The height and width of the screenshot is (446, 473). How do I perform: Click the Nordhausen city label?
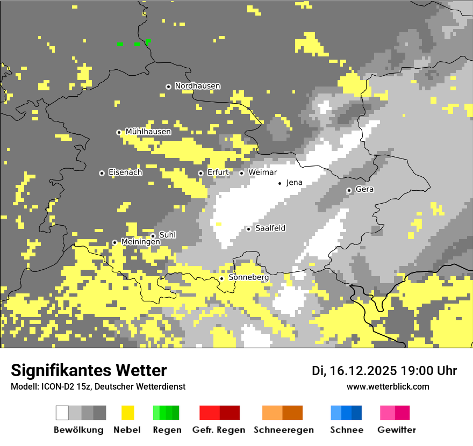pos(197,86)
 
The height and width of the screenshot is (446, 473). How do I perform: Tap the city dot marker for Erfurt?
pos(200,173)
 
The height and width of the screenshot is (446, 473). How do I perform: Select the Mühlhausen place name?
pos(148,132)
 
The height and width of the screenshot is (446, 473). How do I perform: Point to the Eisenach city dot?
pos(102,173)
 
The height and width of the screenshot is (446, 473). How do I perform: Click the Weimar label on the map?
pos(263,172)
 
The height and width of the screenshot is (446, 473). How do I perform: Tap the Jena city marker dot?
pos(279,183)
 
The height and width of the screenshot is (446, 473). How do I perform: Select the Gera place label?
pos(364,190)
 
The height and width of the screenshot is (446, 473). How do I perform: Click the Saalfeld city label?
pos(270,228)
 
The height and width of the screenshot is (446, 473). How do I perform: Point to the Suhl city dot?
pos(153,236)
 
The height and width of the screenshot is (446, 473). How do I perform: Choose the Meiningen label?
pos(140,242)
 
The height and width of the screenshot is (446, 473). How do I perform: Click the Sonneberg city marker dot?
pos(221,278)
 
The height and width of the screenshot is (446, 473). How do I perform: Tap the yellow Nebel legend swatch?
pos(128,413)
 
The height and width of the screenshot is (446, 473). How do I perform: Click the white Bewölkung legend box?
pos(62,413)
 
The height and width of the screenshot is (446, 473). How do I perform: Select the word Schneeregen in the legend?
pos(283,430)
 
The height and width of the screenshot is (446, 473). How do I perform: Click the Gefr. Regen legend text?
pos(218,430)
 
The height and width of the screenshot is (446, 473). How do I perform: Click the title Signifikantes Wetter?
pos(89,370)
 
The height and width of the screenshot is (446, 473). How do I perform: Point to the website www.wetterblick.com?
pos(388,386)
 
